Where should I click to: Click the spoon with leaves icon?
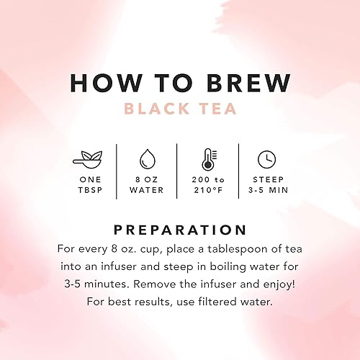(90, 158)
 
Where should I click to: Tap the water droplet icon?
(147, 158)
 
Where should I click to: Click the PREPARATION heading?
(179, 230)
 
